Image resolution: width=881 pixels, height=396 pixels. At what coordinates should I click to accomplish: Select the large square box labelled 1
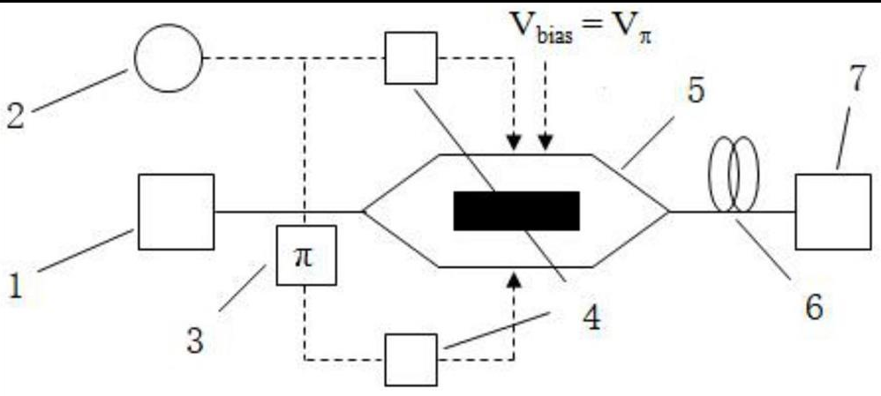click(x=176, y=212)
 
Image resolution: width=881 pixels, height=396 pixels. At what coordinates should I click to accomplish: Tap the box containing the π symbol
click(x=306, y=255)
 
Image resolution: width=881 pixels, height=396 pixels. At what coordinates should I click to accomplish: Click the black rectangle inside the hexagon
click(x=516, y=211)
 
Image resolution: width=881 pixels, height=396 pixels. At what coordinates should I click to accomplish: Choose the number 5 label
click(x=696, y=93)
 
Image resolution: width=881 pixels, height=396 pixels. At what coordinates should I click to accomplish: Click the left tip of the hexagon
click(x=365, y=211)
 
